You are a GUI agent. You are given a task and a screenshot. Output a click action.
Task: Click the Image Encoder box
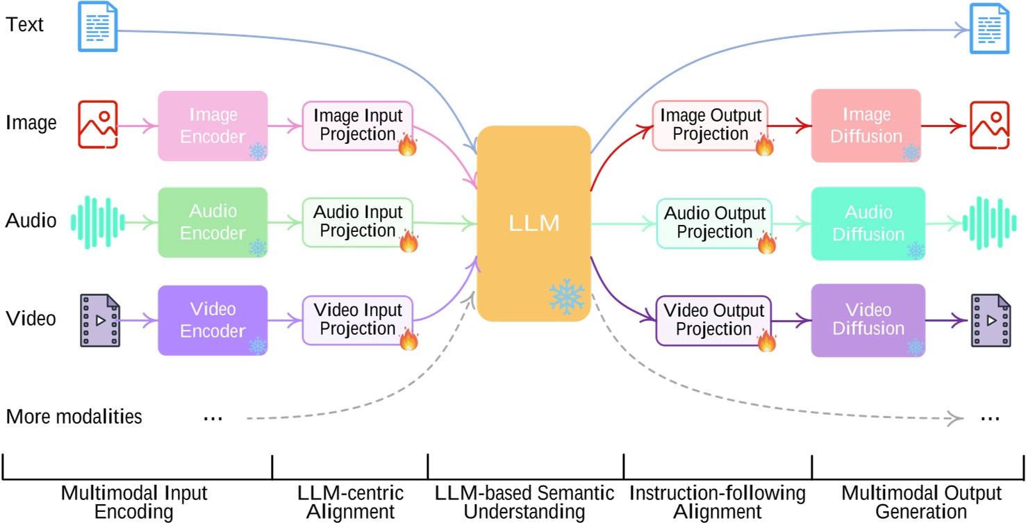click(x=213, y=126)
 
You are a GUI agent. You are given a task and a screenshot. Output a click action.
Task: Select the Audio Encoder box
click(x=213, y=222)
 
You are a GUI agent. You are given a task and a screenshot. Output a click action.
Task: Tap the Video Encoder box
click(x=213, y=319)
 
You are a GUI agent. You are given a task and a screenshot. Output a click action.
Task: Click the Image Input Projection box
click(x=357, y=126)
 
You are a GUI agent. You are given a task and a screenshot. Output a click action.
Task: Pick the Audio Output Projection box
click(x=714, y=223)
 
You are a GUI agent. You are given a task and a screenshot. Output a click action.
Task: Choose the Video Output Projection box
click(x=714, y=320)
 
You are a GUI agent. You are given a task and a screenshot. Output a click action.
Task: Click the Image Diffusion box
click(x=866, y=126)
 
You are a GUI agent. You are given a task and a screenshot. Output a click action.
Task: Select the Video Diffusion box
click(x=868, y=320)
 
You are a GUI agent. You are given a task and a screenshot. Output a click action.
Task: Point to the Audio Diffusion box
click(x=868, y=223)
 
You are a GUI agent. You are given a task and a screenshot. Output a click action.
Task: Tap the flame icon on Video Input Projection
click(x=408, y=340)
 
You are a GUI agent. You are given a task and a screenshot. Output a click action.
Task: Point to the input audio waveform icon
click(x=98, y=223)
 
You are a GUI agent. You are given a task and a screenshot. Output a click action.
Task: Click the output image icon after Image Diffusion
click(x=990, y=126)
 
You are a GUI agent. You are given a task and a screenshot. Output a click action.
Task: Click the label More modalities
click(x=74, y=417)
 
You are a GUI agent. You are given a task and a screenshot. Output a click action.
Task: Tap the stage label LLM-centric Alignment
click(x=350, y=502)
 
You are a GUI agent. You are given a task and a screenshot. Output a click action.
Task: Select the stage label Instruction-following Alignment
click(x=717, y=502)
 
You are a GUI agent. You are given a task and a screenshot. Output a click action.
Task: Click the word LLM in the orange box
click(x=533, y=224)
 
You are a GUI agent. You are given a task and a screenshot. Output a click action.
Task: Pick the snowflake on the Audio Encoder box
click(x=258, y=248)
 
